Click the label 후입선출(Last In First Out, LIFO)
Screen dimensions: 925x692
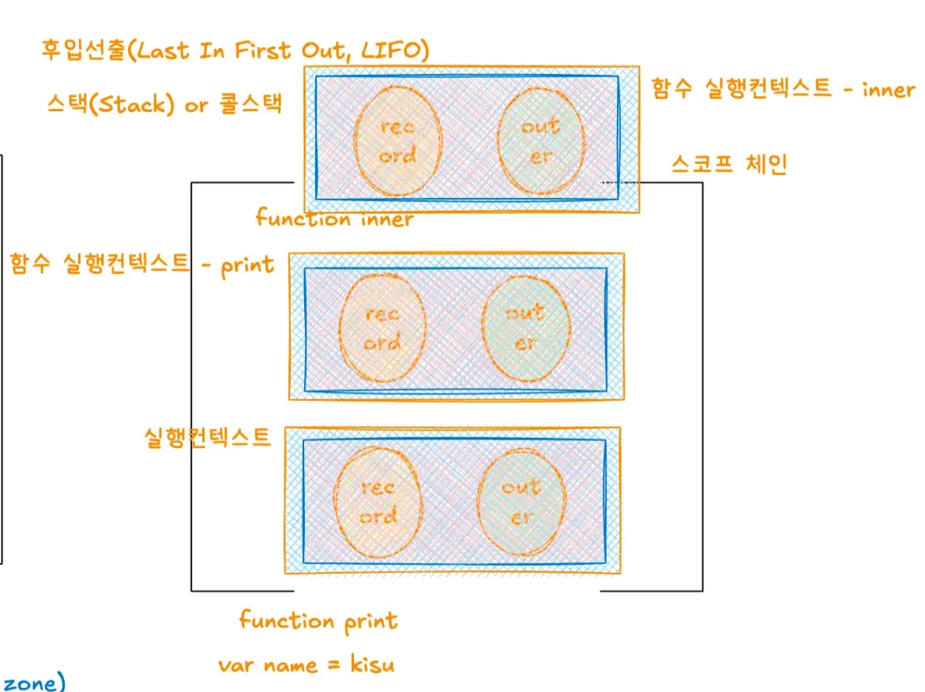(x=235, y=50)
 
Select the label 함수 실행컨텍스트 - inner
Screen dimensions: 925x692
(x=783, y=89)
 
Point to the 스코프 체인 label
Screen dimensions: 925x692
(x=729, y=164)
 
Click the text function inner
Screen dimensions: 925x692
(x=334, y=219)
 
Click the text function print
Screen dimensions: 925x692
(x=318, y=621)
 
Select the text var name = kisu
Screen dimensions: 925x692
(x=306, y=664)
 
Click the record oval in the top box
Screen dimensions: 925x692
(x=397, y=140)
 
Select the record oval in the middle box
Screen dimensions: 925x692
(x=382, y=328)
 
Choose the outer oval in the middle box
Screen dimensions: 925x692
(x=525, y=327)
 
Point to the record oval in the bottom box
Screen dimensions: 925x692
(x=378, y=502)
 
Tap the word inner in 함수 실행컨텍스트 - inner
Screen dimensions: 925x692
(x=888, y=89)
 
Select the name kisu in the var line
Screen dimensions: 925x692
(x=372, y=664)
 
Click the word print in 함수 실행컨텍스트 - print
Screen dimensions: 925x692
(x=247, y=265)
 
